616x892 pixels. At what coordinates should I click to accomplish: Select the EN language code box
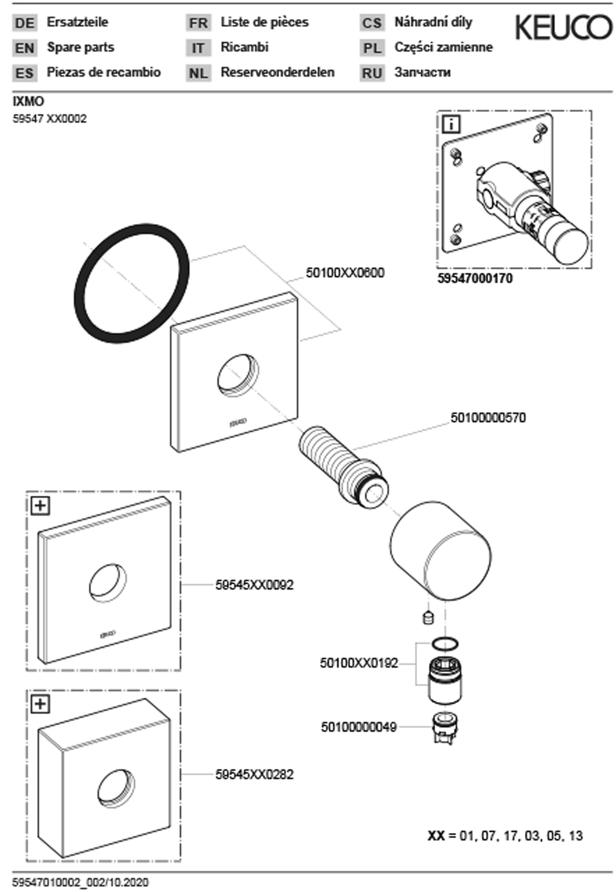pos(25,48)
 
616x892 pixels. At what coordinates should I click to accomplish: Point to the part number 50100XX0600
pos(345,273)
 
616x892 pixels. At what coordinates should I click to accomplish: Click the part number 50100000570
pos(488,418)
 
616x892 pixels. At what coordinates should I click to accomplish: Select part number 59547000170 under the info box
pos(475,278)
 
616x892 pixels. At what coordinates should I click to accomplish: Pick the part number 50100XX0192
pos(359,663)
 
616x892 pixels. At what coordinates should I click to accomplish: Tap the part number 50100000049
pos(359,728)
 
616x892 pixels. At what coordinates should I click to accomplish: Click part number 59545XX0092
pos(254,585)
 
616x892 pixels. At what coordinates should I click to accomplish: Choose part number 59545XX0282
pos(254,774)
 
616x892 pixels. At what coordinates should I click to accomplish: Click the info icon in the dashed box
pos(452,124)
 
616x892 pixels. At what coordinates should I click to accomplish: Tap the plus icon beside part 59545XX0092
pos(40,505)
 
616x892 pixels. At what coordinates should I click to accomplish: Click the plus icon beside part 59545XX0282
pos(40,704)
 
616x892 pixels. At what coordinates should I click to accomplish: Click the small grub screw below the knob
pos(428,618)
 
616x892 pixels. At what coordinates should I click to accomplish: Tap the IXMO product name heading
pos(29,101)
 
